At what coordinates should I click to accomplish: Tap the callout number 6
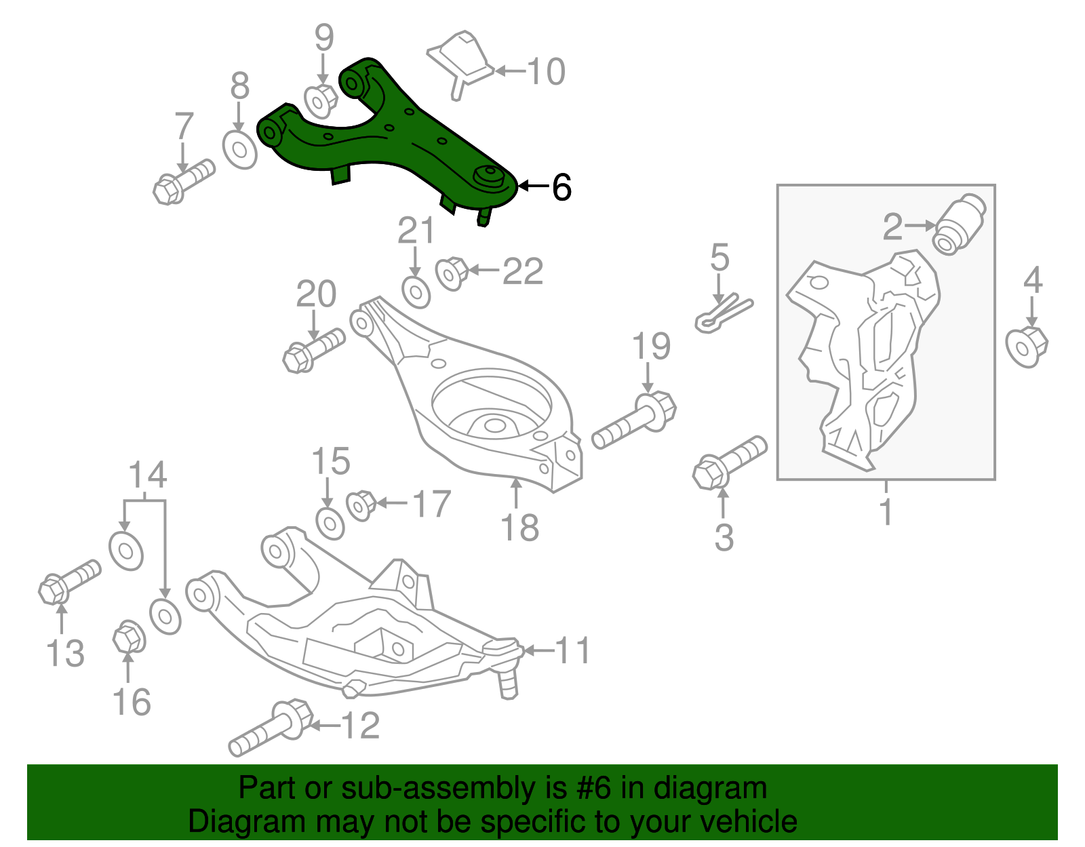(561, 187)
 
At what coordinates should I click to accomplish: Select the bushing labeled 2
(960, 224)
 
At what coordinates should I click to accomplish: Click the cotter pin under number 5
(723, 314)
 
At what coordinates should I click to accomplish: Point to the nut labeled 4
(1026, 346)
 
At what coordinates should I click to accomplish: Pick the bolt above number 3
(729, 462)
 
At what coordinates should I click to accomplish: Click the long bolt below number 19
(633, 421)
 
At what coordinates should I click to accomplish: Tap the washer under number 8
(240, 150)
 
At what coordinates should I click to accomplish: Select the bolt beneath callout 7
(183, 180)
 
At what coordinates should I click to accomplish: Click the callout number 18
(520, 528)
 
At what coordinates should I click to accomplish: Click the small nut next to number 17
(361, 505)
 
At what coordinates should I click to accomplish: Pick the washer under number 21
(416, 292)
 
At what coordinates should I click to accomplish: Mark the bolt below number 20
(312, 349)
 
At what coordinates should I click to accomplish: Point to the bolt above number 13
(68, 580)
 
